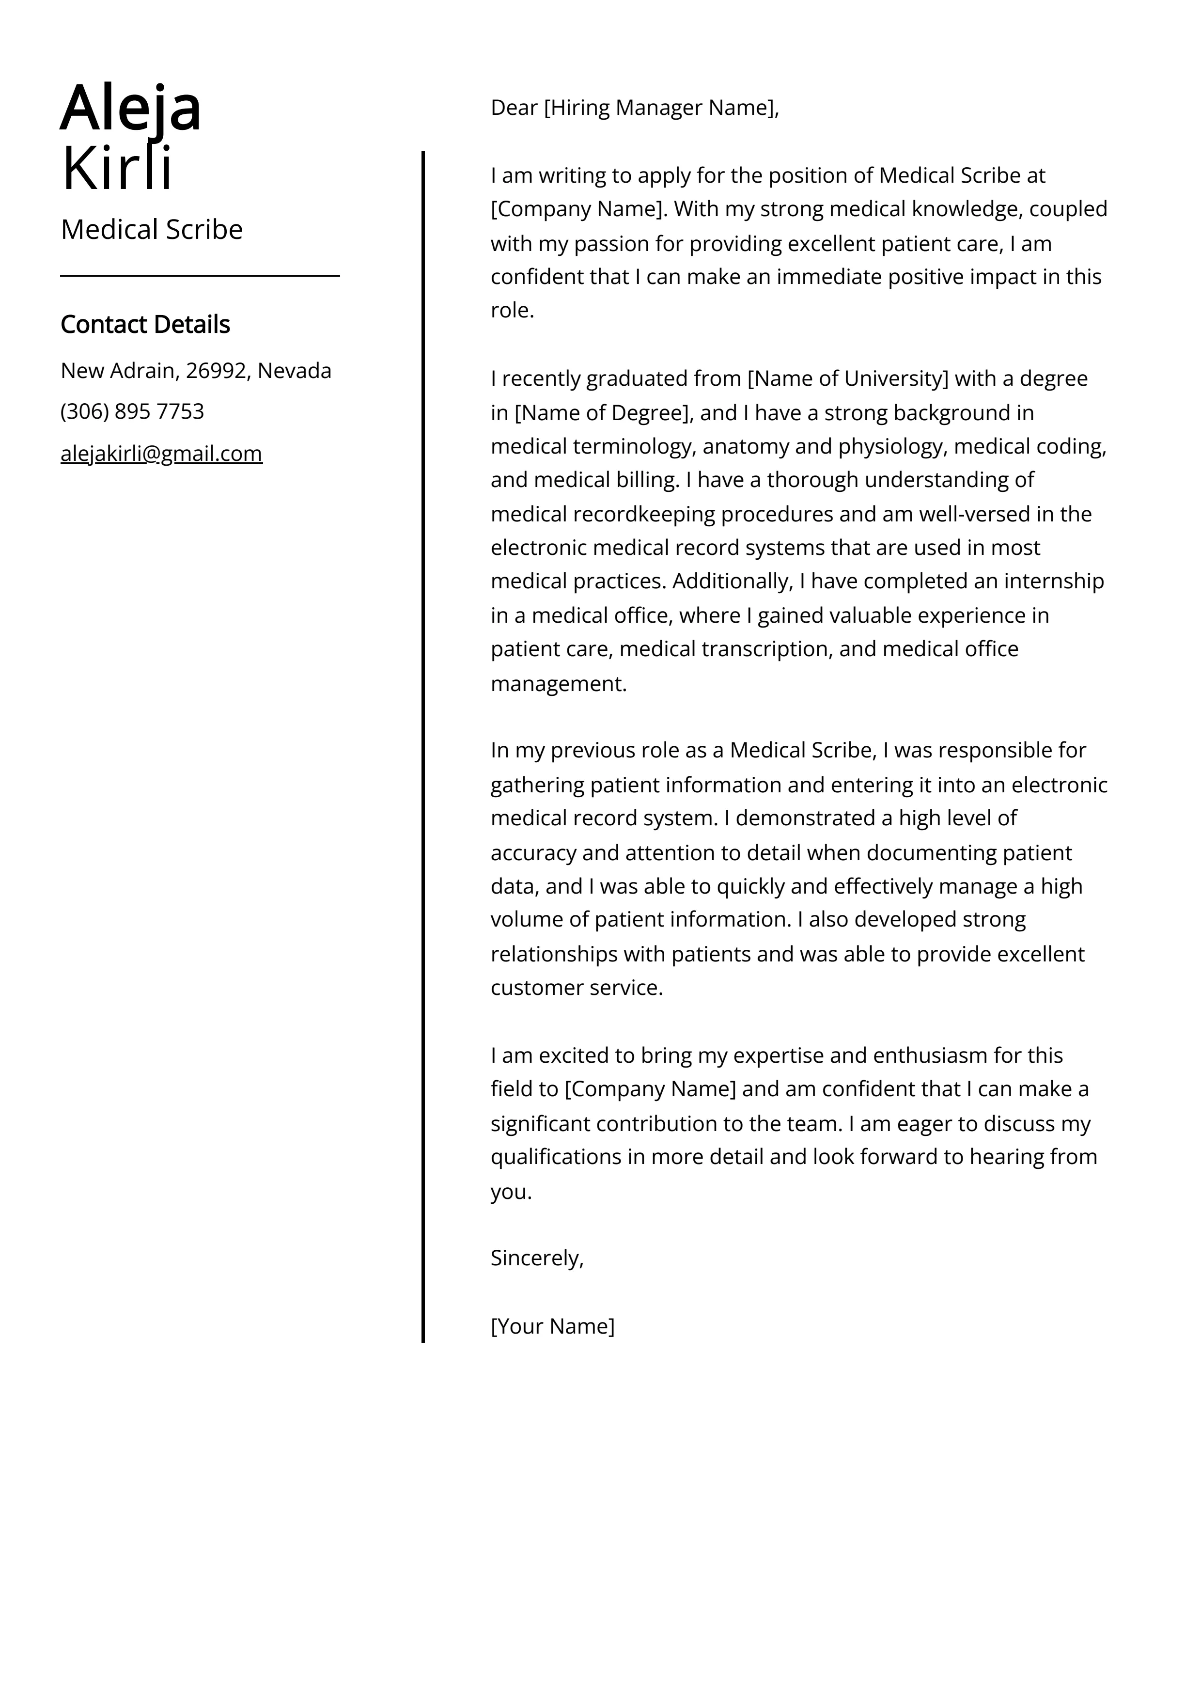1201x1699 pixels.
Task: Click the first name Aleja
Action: (x=130, y=108)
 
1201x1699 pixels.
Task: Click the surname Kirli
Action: (x=117, y=169)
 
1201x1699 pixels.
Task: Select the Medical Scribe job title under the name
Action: (x=152, y=229)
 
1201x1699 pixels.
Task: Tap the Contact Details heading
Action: (x=145, y=324)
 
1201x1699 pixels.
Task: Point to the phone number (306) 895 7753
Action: (x=132, y=411)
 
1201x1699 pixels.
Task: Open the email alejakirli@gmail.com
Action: (x=161, y=453)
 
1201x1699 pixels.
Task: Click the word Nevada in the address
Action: (x=295, y=371)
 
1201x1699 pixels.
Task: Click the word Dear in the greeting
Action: (x=514, y=108)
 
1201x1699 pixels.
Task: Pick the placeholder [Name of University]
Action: (x=847, y=379)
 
